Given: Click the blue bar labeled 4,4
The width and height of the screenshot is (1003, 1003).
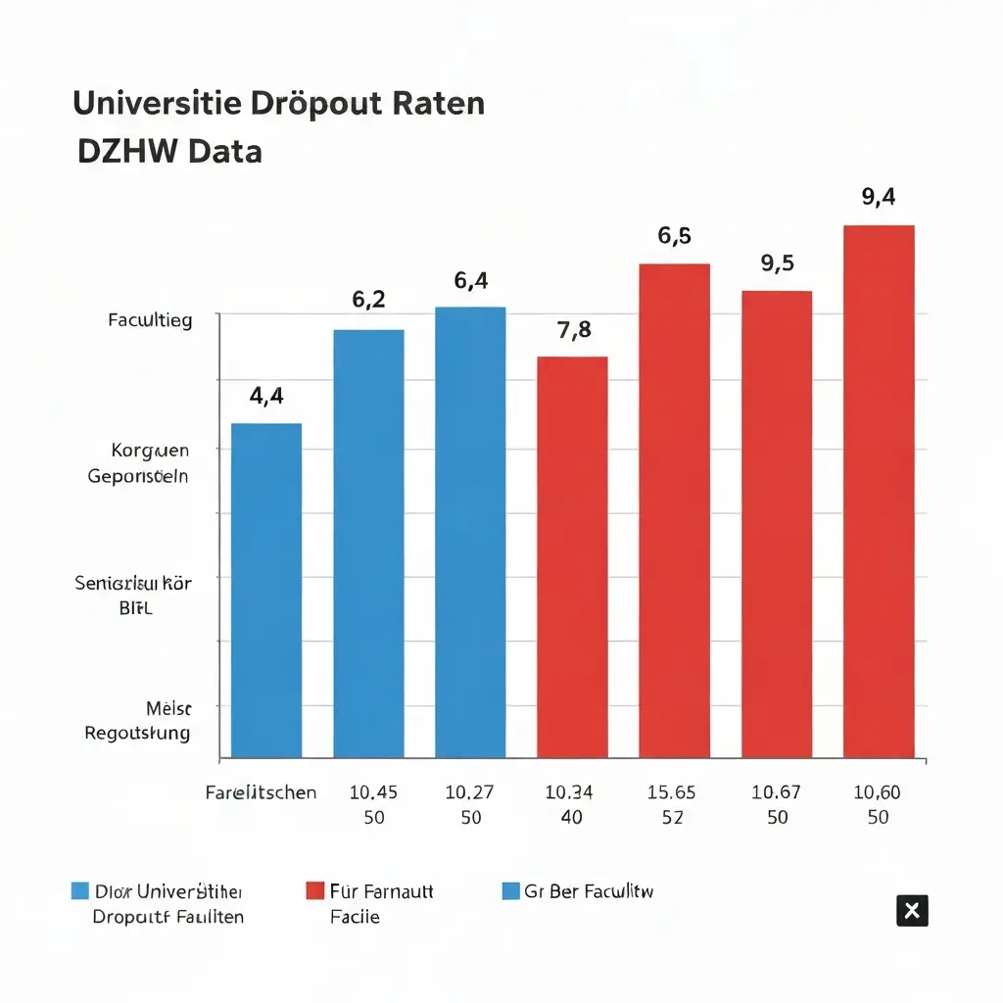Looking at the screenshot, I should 266,590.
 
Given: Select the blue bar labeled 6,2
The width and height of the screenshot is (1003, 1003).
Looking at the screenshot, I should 368,543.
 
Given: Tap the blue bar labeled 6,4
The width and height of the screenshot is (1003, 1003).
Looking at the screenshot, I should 470,532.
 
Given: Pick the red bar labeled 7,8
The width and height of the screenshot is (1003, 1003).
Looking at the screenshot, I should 572,556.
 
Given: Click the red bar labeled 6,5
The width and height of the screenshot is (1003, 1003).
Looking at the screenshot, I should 674,510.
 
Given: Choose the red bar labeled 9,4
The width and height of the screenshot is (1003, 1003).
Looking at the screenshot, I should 879,491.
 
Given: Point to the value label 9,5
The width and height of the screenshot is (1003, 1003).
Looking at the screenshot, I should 777,263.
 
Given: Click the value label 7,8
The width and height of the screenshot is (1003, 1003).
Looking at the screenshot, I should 574,330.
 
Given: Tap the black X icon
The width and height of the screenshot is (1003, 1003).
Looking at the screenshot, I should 912,911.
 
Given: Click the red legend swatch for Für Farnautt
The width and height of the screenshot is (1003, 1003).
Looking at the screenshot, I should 314,891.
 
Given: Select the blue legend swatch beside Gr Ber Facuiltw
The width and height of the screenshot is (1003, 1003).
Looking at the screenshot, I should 510,891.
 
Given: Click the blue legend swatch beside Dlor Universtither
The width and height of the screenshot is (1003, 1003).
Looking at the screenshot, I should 80,891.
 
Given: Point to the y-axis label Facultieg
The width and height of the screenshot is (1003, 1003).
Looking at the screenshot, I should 150,319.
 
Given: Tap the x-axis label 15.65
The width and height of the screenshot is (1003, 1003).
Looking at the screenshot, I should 672,792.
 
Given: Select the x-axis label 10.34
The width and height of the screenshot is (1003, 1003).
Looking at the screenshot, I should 570,792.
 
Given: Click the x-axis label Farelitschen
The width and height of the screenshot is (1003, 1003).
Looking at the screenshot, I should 261,792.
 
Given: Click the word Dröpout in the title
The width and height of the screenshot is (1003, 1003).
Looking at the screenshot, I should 324,103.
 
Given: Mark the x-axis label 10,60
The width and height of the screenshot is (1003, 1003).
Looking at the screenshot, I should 878,792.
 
